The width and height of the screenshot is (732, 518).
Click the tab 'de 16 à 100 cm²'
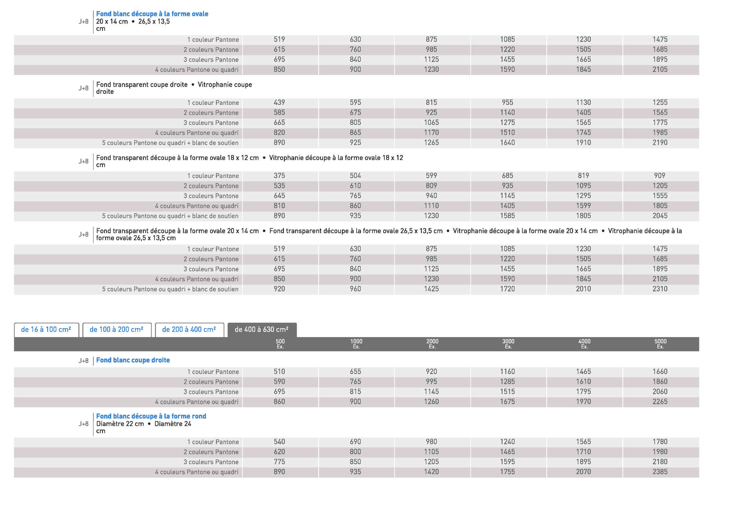[x=46, y=329]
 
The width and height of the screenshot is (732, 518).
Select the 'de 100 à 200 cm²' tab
[x=116, y=329]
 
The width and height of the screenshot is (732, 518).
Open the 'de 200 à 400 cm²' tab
[x=189, y=329]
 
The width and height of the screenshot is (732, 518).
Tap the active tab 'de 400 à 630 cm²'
[x=261, y=329]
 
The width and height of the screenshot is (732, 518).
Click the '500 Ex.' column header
[x=280, y=344]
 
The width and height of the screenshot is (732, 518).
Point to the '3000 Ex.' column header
[x=508, y=344]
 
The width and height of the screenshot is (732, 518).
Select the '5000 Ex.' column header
[x=660, y=344]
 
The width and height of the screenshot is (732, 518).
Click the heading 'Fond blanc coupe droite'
[x=133, y=360]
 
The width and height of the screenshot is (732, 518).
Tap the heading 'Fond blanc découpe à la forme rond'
[x=151, y=416]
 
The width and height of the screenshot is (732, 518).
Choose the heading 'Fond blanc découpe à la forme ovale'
[x=152, y=14]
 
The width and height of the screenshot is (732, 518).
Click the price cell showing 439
[x=279, y=103]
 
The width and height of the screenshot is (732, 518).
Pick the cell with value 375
[x=279, y=176]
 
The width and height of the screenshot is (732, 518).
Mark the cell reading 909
[x=660, y=176]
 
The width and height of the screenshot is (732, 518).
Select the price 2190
[x=660, y=143]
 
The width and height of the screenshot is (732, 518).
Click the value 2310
[x=660, y=289]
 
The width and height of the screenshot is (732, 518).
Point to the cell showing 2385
[x=660, y=472]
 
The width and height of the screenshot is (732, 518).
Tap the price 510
[x=279, y=371]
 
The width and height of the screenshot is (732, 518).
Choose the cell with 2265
[x=660, y=402]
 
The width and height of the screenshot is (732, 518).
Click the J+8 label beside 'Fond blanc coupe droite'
[x=83, y=361]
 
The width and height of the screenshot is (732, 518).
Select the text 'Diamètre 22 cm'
[x=120, y=424]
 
